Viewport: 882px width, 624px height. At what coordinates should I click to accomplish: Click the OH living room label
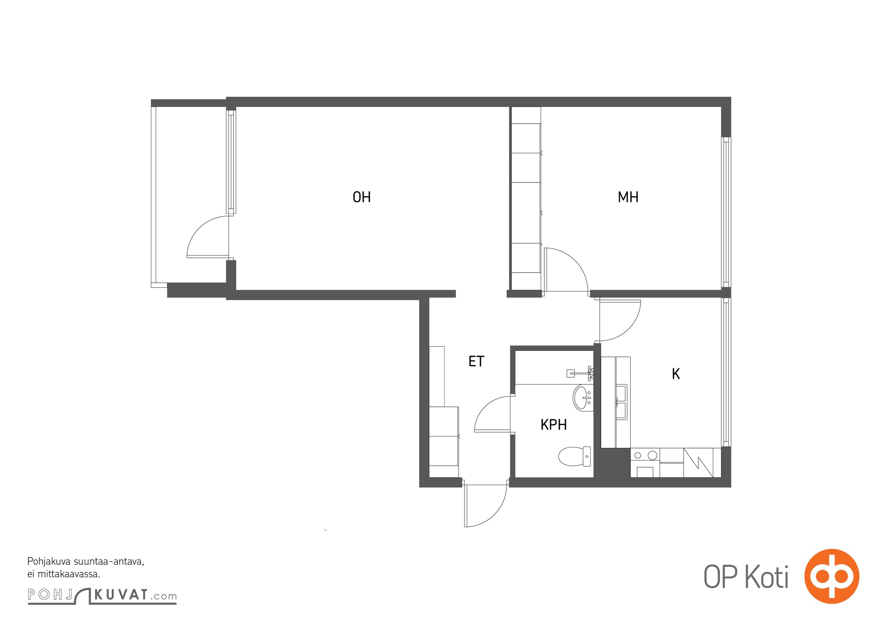[361, 197]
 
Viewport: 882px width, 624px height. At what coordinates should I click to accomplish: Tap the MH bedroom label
[628, 197]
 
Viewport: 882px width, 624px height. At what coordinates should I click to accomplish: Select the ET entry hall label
[476, 362]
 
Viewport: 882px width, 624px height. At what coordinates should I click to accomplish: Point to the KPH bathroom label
[554, 425]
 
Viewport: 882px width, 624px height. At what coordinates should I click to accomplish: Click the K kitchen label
[676, 374]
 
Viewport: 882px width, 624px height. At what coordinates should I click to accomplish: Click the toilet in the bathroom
[574, 456]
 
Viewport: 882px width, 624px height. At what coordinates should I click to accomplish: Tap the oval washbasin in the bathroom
[583, 397]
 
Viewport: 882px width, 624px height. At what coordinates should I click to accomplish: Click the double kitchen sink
[621, 402]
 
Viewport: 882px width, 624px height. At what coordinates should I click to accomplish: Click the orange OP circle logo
[832, 576]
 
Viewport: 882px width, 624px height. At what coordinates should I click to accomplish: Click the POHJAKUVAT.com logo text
[102, 595]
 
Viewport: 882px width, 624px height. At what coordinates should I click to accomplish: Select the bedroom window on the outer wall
[726, 212]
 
